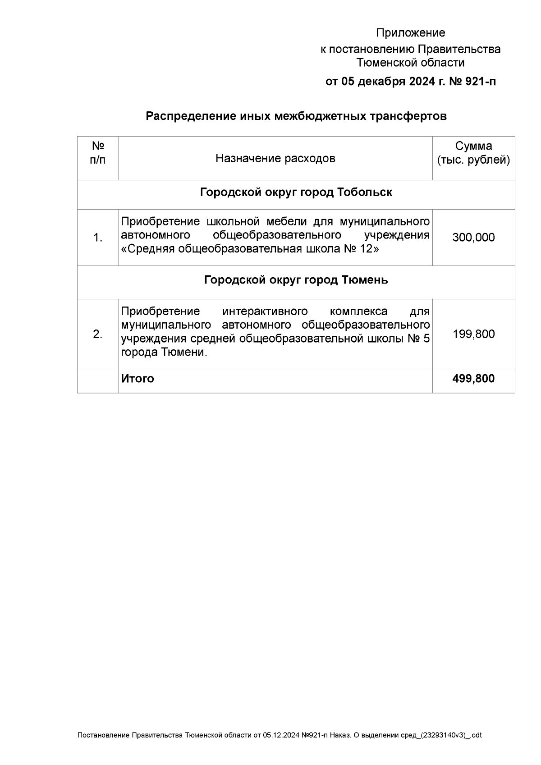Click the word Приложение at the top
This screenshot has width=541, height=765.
coord(410,33)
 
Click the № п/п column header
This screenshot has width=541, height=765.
coord(98,153)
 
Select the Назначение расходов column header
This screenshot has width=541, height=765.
coord(275,159)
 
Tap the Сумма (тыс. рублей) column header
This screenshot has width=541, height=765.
coord(473,153)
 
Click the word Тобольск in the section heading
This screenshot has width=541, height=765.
coord(365,192)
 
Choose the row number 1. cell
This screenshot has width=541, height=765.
coord(98,238)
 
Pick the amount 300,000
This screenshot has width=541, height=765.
coord(473,238)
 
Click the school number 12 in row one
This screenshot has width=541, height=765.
coord(366,249)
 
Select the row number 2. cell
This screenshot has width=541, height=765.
coord(98,334)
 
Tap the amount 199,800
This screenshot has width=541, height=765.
coord(473,334)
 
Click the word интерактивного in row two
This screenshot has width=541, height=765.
coord(265,311)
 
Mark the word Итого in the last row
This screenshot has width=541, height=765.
coord(138,379)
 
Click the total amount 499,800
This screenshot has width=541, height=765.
coord(473,379)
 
